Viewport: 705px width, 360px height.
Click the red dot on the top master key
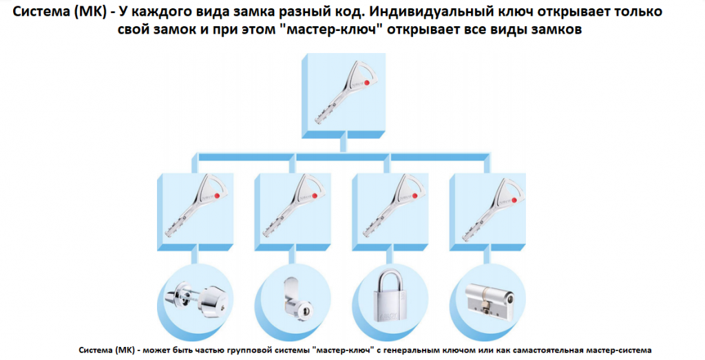[x=367, y=83]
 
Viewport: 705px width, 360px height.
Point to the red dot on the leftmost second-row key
[x=217, y=195]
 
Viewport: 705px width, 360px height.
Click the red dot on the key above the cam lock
[x=315, y=195]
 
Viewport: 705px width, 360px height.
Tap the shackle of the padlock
[x=389, y=279]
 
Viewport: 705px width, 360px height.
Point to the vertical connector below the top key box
[x=344, y=145]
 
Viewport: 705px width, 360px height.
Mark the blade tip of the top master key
[x=316, y=121]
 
